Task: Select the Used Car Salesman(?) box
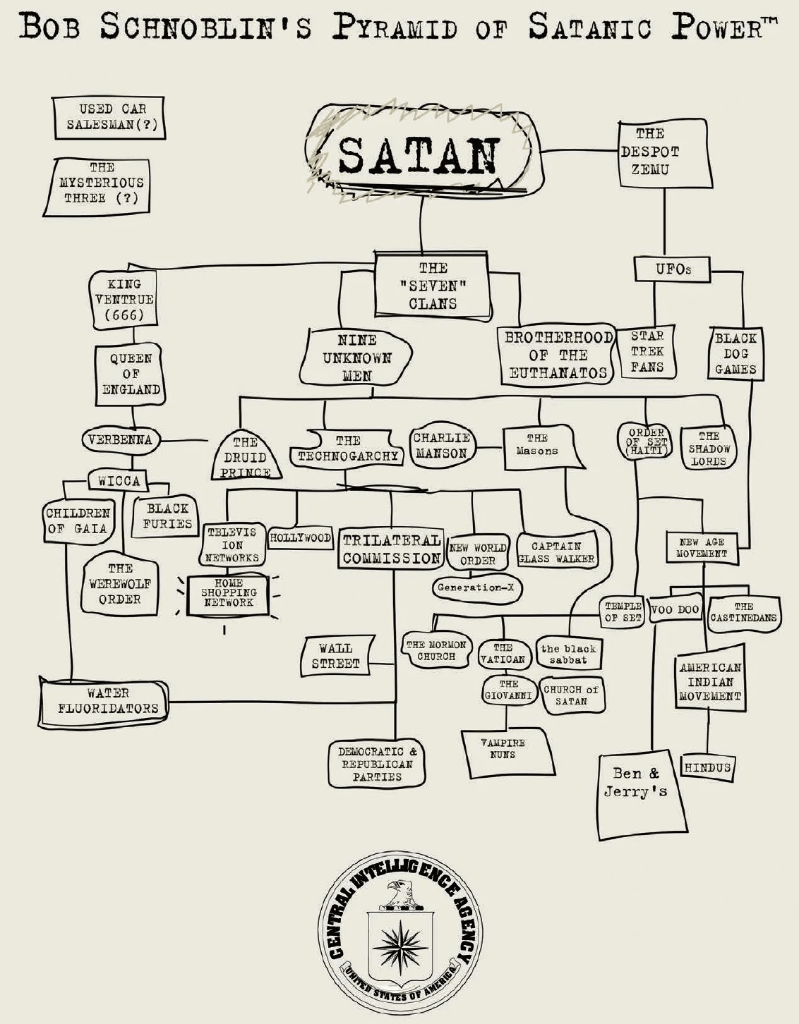(x=109, y=118)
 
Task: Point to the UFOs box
(x=672, y=269)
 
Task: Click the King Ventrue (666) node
(x=123, y=300)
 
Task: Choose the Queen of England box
(x=130, y=375)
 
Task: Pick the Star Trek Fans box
(x=647, y=351)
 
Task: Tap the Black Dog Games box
(x=735, y=354)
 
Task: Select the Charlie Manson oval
(x=442, y=446)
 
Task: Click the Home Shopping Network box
(x=228, y=594)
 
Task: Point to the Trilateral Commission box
(x=391, y=548)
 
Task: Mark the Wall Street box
(x=336, y=655)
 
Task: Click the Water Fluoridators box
(x=103, y=702)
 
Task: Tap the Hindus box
(x=707, y=768)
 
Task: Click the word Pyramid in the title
(x=395, y=28)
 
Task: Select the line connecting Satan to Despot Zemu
(x=581, y=151)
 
